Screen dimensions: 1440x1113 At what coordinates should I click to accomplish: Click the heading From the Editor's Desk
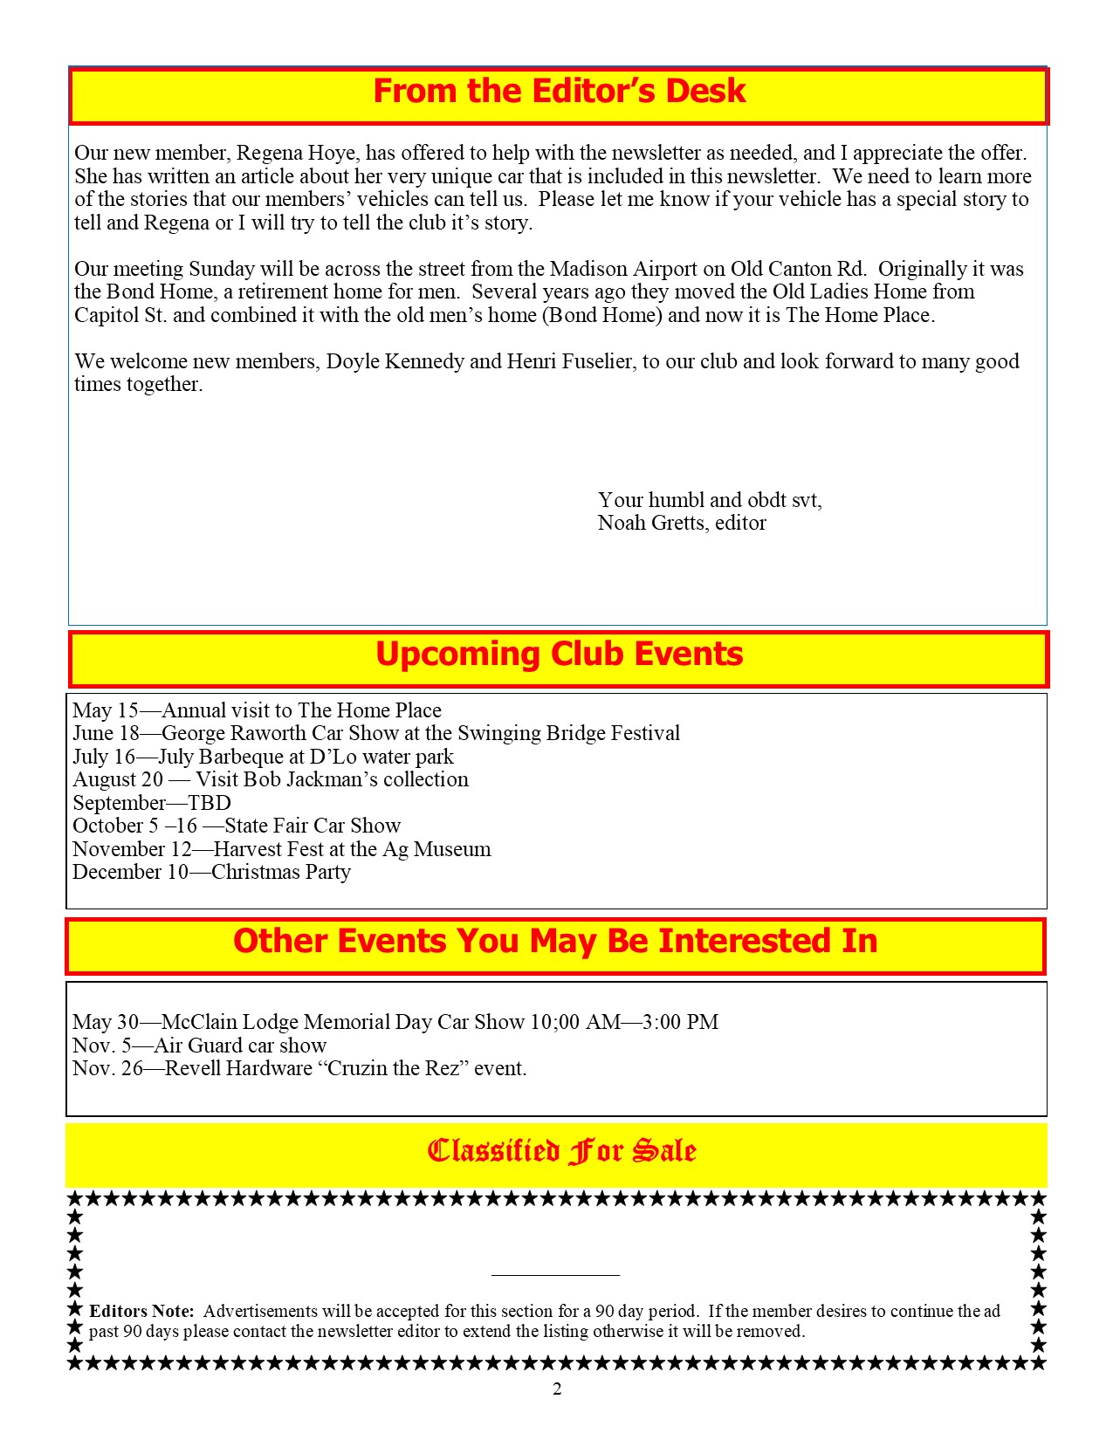(559, 92)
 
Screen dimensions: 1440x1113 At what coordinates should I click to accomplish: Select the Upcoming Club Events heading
(559, 655)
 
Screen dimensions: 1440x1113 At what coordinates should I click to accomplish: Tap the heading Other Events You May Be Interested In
(555, 941)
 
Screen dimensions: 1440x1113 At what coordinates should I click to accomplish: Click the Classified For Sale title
(561, 1151)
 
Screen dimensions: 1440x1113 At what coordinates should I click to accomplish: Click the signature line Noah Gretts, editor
(682, 523)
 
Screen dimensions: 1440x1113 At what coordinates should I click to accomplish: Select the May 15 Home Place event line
(257, 710)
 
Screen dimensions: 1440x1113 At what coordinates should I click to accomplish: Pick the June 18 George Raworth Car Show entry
(375, 733)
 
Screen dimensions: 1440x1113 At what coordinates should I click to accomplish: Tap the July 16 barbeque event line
(263, 757)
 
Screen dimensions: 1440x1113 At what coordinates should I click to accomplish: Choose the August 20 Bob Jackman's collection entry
(271, 779)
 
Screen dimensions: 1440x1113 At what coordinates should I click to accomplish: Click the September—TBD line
(152, 803)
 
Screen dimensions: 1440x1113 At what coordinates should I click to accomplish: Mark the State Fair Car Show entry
(237, 826)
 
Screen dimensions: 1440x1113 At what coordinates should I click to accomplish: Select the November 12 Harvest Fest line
(281, 849)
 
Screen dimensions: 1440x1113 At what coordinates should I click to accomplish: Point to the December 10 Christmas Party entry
(211, 872)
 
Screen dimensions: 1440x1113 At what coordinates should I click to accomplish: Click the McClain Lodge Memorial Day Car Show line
(395, 1022)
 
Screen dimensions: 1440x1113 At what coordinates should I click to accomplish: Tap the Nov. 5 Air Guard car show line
(199, 1046)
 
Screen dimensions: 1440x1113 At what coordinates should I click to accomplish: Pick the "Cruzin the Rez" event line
(299, 1068)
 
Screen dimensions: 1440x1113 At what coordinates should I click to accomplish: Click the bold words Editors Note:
(141, 1311)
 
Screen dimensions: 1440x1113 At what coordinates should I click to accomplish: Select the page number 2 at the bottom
(557, 1389)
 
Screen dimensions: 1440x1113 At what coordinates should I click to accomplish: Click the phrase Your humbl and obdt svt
(709, 500)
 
